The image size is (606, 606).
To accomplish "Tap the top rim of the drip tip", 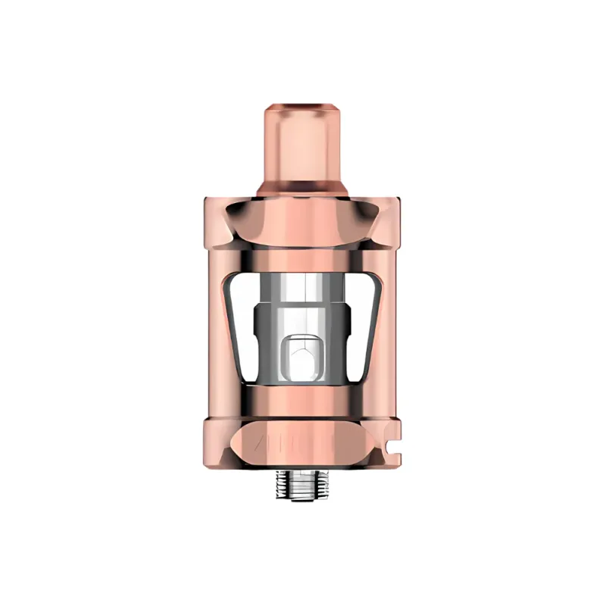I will point(302,101).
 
